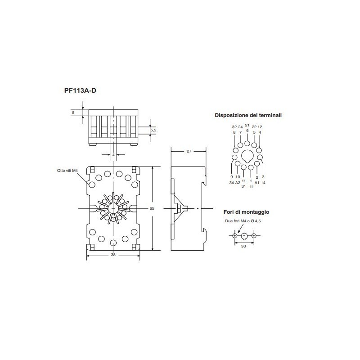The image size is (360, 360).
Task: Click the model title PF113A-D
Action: click(80, 90)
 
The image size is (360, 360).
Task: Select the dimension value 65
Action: click(152, 208)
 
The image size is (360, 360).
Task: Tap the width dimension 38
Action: click(113, 255)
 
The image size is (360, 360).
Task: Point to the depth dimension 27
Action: click(189, 151)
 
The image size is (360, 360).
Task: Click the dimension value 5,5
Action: click(153, 130)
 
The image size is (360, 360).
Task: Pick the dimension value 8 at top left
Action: click(73, 112)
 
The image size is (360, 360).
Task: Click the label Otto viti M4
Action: click(68, 170)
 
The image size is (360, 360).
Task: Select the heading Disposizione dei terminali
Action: click(248, 115)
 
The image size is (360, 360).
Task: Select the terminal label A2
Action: click(238, 183)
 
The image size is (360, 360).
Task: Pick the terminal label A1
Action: click(256, 183)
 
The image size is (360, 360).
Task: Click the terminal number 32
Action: click(234, 127)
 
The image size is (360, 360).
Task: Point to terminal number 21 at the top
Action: click(247, 125)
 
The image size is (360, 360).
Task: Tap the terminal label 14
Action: click(263, 183)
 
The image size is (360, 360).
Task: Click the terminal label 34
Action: click(231, 183)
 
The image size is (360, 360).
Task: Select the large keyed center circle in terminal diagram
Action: click(247, 156)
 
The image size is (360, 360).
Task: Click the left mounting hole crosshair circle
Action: click(235, 236)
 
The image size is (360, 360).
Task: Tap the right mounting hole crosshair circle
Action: click(254, 236)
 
